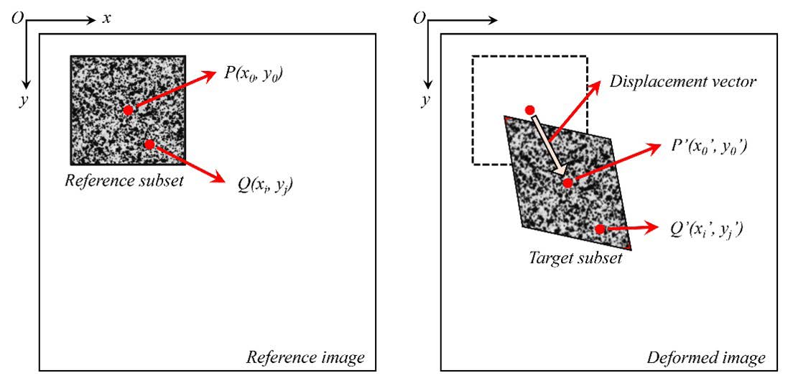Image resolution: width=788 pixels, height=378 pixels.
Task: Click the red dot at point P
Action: click(x=128, y=110)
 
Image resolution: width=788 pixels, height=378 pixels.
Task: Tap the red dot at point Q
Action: click(x=149, y=144)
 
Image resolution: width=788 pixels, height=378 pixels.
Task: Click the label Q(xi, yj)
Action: click(x=265, y=185)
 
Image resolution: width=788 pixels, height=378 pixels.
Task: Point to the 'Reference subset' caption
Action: click(x=124, y=180)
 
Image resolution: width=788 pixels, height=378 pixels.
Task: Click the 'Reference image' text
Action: click(x=305, y=357)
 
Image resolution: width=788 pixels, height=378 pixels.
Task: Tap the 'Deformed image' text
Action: click(x=706, y=357)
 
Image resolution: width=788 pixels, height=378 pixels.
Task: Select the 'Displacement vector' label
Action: click(x=682, y=81)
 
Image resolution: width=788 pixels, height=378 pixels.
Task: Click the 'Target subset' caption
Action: click(x=575, y=258)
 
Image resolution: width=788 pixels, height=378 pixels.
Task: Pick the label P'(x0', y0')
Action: click(x=709, y=147)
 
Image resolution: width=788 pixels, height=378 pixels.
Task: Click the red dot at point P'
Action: click(x=567, y=183)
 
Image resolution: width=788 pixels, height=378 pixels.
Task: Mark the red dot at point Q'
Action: click(x=600, y=229)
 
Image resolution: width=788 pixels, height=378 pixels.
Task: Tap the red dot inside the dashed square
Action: click(x=530, y=110)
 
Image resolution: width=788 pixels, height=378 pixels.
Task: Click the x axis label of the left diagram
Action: click(x=106, y=18)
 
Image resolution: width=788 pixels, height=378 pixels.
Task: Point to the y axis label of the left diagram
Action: click(x=23, y=101)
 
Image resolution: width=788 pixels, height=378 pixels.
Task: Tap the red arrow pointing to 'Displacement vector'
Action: click(x=575, y=109)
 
